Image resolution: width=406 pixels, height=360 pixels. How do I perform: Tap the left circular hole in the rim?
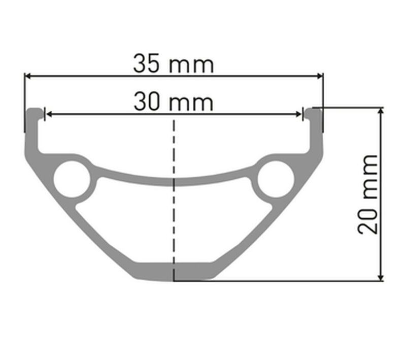[72, 179]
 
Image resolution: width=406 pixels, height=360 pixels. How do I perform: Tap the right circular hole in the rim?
[276, 179]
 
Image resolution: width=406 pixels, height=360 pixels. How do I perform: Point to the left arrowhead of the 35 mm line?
[27, 76]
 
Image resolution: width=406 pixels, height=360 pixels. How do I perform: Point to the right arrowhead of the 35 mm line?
[320, 76]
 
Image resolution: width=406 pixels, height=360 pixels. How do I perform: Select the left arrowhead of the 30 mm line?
[48, 114]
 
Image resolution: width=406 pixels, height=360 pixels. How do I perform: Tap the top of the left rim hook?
[35, 110]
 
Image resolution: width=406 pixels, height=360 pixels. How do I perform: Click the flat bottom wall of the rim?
[174, 272]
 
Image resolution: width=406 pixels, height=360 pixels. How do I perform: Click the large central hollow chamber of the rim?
[174, 223]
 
